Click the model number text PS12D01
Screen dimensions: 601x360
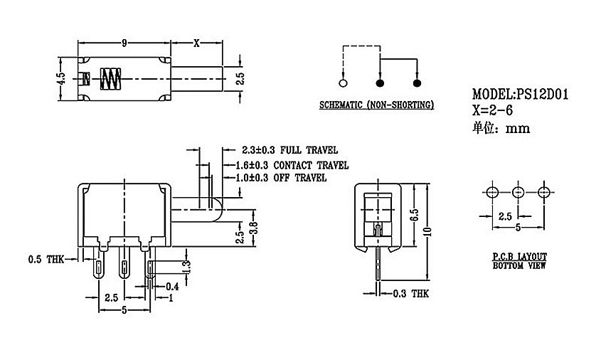point(542,94)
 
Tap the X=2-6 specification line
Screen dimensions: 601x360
point(492,110)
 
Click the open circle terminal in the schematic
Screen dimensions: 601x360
point(343,83)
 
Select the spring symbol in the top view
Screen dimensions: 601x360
point(110,79)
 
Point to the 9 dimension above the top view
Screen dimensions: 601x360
point(124,43)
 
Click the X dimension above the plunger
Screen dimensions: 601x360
point(196,43)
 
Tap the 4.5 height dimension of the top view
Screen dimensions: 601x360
point(61,78)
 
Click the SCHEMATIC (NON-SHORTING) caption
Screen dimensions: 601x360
point(376,105)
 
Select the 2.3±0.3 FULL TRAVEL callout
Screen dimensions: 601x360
point(289,150)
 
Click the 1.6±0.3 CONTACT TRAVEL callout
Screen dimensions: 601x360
point(292,165)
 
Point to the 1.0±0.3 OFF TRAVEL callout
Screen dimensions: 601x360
point(281,177)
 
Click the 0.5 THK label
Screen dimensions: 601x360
point(46,260)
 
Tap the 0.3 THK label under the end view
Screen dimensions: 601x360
point(411,294)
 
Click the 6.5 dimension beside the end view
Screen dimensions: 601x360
point(414,215)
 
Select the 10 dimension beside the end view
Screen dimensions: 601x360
point(427,231)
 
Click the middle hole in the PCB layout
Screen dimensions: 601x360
point(518,192)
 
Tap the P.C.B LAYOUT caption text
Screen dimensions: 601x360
point(519,257)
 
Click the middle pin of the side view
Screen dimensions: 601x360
point(124,263)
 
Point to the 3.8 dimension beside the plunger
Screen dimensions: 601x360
point(253,228)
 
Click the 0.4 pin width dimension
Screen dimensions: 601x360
point(173,287)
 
